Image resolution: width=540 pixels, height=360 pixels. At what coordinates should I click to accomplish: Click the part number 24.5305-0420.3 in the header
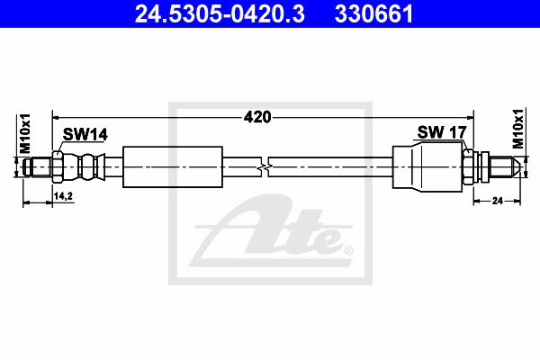point(220,13)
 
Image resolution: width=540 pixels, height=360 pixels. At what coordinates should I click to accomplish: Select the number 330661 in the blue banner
point(373,13)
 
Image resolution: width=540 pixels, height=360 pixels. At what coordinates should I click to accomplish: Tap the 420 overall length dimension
point(257,118)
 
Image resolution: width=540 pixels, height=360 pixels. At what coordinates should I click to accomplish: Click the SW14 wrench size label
point(85,134)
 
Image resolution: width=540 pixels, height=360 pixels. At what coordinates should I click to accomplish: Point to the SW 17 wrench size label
point(442,132)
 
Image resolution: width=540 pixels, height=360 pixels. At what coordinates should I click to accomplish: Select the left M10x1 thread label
point(25,134)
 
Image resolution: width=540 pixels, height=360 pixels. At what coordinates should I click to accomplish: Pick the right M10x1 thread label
point(517,129)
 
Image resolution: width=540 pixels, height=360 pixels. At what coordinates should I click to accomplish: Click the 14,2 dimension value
point(63,196)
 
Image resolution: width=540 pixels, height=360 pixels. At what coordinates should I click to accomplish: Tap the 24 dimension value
point(498,201)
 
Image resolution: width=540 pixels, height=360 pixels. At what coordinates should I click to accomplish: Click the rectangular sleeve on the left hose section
point(173,167)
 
